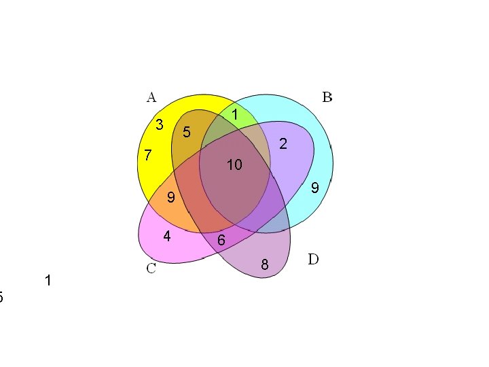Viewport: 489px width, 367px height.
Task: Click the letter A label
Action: tap(151, 97)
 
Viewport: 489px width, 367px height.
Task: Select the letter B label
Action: tap(327, 97)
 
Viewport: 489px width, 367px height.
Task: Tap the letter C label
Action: tap(151, 268)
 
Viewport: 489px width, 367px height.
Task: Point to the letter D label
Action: tap(313, 260)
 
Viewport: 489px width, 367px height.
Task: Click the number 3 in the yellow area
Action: tap(159, 125)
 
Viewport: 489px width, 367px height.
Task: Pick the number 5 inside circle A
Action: tap(186, 131)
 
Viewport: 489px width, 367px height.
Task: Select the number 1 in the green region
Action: tap(234, 116)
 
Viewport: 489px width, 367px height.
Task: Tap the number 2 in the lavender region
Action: tap(283, 144)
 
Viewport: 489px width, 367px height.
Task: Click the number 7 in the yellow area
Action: tap(148, 156)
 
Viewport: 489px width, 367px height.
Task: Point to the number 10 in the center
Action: tap(234, 165)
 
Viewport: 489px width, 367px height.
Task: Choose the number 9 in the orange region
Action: tap(171, 198)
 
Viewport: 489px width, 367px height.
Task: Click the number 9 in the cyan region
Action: tap(314, 188)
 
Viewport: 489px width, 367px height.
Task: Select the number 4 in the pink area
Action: tap(166, 237)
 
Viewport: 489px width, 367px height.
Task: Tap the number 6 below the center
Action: tap(221, 241)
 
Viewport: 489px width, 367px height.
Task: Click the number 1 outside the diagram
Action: tap(48, 281)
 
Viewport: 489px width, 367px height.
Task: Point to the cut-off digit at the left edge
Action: tap(1, 297)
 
